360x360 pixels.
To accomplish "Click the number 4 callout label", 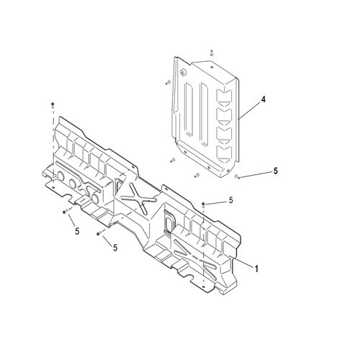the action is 264,99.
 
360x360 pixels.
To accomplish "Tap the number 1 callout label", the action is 256,269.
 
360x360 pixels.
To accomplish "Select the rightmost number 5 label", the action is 275,171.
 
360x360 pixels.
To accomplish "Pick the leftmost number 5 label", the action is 77,231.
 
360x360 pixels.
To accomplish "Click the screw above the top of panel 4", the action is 212,53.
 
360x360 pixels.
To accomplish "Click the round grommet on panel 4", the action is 183,72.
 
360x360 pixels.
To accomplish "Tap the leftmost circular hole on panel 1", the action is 60,176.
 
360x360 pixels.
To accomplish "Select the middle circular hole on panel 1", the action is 73,184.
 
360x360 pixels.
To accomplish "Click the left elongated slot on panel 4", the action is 189,109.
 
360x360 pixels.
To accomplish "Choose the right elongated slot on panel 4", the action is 204,114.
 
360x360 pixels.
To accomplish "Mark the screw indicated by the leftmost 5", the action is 64,212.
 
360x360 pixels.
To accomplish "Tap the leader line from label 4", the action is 250,110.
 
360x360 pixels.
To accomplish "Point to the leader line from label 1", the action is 243,262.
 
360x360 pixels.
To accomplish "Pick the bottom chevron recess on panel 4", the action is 224,152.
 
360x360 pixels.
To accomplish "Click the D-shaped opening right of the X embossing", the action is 168,221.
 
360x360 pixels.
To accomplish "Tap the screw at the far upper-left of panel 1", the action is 53,104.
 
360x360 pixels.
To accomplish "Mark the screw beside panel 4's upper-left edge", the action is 168,82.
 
